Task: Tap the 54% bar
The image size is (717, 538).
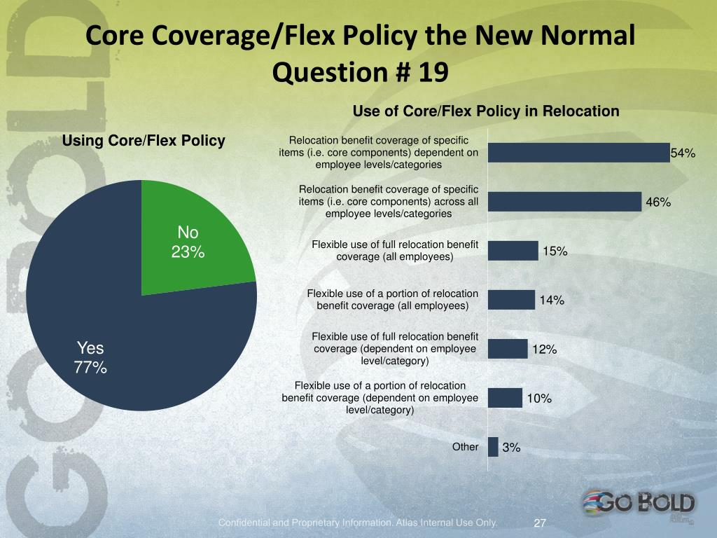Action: pyautogui.click(x=578, y=153)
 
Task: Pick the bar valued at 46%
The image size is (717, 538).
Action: pyautogui.click(x=564, y=202)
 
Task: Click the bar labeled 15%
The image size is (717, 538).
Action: pyautogui.click(x=513, y=251)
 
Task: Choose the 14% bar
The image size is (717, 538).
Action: pyautogui.click(x=511, y=300)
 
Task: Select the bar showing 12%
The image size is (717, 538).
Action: pyautogui.click(x=508, y=349)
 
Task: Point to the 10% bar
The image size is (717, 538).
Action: pyautogui.click(x=505, y=398)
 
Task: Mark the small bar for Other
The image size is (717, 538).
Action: pyautogui.click(x=493, y=447)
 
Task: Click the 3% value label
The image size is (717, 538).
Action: pyautogui.click(x=511, y=448)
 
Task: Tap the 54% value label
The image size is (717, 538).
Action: pyautogui.click(x=683, y=153)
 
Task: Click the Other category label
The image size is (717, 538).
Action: pyautogui.click(x=466, y=446)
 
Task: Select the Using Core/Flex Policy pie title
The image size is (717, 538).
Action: pyautogui.click(x=144, y=141)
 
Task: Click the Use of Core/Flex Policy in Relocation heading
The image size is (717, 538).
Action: pyautogui.click(x=486, y=111)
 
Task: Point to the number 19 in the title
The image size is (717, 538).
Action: pyautogui.click(x=432, y=71)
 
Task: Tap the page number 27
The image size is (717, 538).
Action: pyautogui.click(x=540, y=523)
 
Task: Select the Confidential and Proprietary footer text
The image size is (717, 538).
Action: pyautogui.click(x=358, y=523)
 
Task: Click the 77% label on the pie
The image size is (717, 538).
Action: pyautogui.click(x=90, y=366)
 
